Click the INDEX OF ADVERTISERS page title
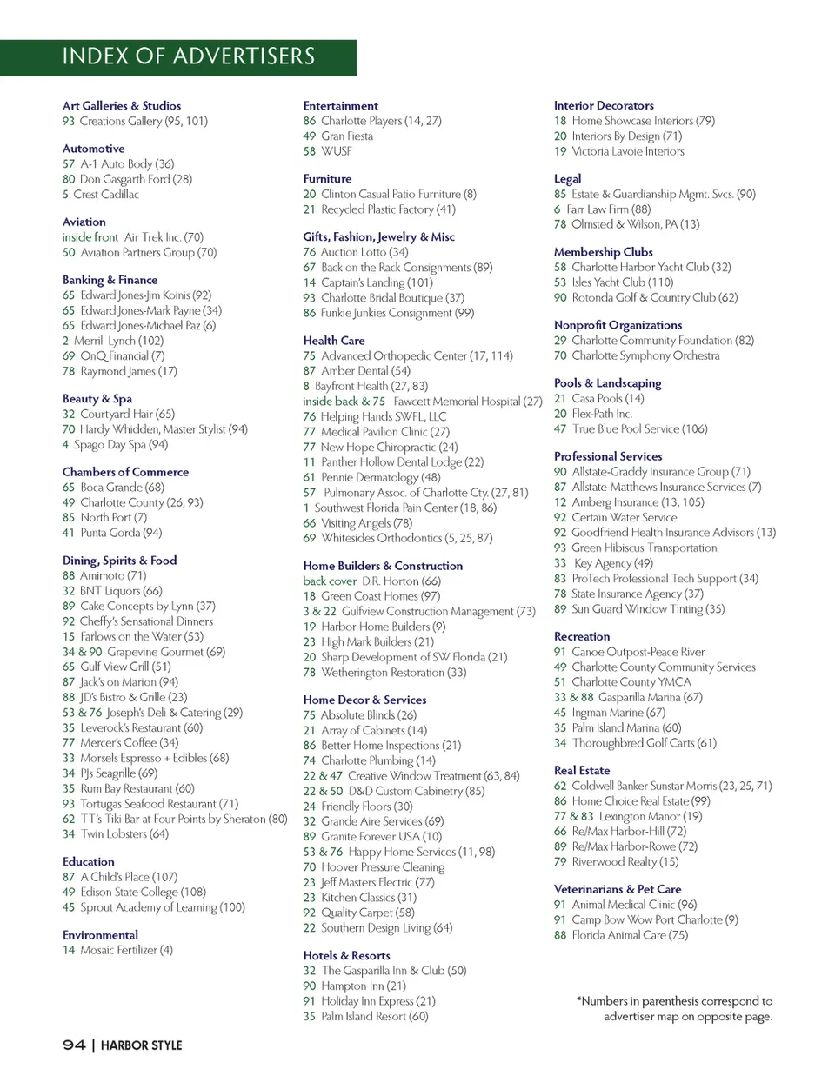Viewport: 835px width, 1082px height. (188, 56)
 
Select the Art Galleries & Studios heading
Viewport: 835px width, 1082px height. (122, 105)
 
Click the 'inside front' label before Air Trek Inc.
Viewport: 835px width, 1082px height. (90, 237)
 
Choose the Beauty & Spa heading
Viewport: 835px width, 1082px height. (97, 399)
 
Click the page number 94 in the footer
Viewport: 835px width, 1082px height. (74, 1045)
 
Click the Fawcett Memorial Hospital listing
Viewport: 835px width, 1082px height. (468, 402)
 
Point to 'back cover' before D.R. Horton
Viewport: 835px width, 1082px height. (330, 581)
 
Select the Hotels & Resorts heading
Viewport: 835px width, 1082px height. (346, 955)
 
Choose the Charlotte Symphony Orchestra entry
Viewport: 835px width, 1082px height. (645, 355)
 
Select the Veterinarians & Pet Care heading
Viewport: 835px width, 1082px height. (618, 889)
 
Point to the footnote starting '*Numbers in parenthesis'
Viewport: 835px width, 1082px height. (675, 1009)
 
